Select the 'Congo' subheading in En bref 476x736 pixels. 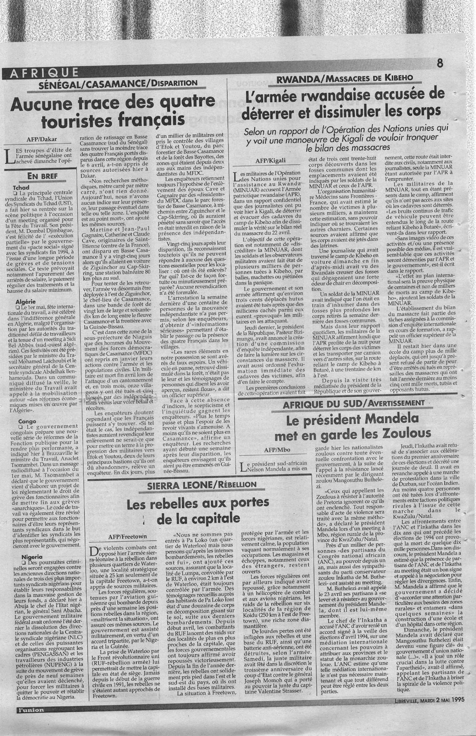click(20, 421)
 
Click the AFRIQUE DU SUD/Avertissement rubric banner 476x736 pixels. click(353, 403)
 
